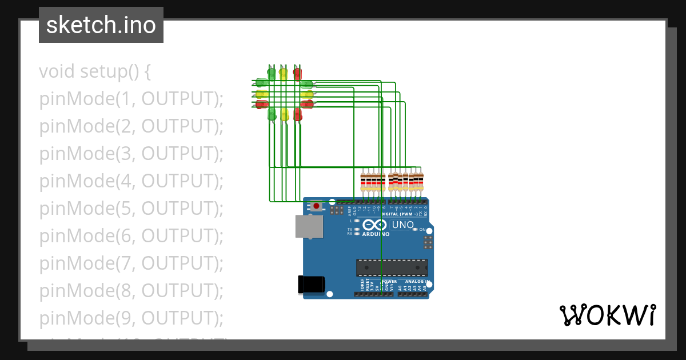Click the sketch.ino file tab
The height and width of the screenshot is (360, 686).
pos(101,25)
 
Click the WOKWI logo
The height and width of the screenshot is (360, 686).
pos(607,315)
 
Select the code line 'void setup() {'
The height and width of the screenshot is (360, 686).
pos(95,72)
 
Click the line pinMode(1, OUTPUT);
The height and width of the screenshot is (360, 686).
pos(131,99)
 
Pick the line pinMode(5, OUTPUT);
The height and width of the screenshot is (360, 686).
pos(131,209)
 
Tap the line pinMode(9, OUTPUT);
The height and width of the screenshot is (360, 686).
pos(131,318)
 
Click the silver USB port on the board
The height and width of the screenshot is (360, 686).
pos(309,226)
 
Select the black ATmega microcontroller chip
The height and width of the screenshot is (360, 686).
pos(392,267)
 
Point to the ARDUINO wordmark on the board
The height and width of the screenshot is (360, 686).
pos(376,234)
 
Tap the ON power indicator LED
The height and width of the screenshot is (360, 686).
pos(416,229)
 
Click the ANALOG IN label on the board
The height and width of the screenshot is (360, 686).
pos(416,282)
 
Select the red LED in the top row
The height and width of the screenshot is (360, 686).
pos(297,73)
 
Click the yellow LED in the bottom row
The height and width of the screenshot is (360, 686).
pos(284,114)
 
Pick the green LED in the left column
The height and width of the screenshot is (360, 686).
pos(261,83)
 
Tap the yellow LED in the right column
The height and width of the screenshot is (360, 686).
pos(308,94)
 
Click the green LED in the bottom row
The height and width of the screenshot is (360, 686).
pos(272,114)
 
